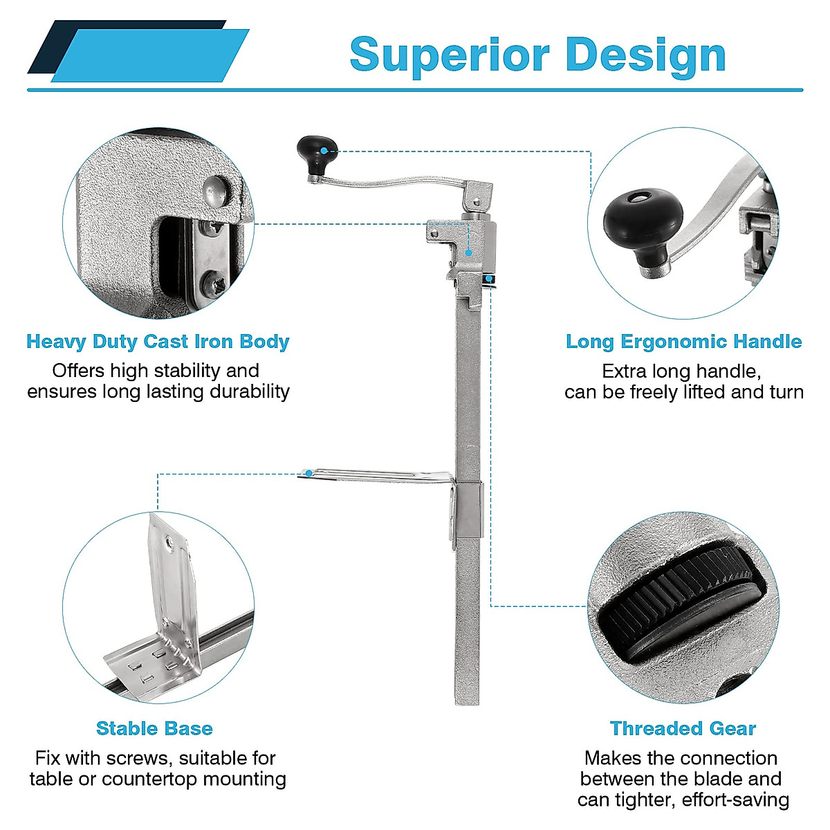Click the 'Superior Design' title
pyautogui.click(x=537, y=55)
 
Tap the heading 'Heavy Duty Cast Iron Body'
pyautogui.click(x=158, y=342)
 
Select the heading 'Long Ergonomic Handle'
pyautogui.click(x=683, y=342)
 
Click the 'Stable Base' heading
pyautogui.click(x=154, y=728)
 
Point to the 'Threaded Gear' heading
pyautogui.click(x=683, y=728)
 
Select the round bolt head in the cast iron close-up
pyautogui.click(x=216, y=190)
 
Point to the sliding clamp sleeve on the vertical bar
pyautogui.click(x=468, y=508)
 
